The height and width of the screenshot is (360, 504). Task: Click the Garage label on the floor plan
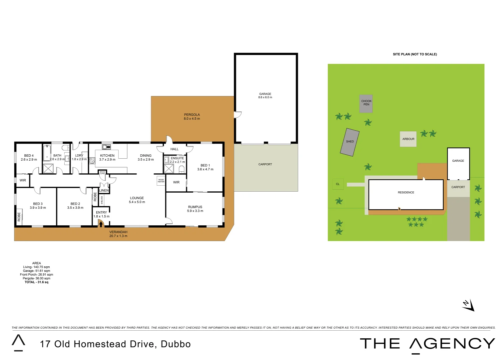[x=265, y=96]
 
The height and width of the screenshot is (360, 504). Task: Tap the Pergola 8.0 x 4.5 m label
[x=192, y=117]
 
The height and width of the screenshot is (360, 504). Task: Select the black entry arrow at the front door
[x=101, y=224]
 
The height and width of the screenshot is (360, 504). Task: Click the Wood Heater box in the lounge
[x=161, y=181]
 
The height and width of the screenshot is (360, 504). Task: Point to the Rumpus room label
[x=195, y=209]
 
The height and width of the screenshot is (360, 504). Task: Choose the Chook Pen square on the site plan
[x=366, y=103]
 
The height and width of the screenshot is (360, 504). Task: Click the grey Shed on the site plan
[x=350, y=142]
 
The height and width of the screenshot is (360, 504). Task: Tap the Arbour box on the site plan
[x=408, y=139]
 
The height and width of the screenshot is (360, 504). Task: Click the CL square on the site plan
[x=338, y=184]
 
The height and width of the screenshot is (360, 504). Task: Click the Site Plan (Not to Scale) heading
[x=415, y=54]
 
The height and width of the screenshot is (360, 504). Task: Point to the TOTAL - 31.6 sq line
[x=36, y=282]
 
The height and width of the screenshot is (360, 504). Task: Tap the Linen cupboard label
[x=104, y=191]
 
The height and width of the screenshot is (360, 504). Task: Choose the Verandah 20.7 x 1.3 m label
[x=118, y=234]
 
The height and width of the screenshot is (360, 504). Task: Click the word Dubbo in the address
[x=176, y=344]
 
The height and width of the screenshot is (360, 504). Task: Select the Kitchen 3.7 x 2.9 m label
[x=107, y=158]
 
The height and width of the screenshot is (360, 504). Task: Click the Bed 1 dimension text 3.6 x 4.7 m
[x=205, y=169]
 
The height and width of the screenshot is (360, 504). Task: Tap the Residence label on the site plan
[x=406, y=193]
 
